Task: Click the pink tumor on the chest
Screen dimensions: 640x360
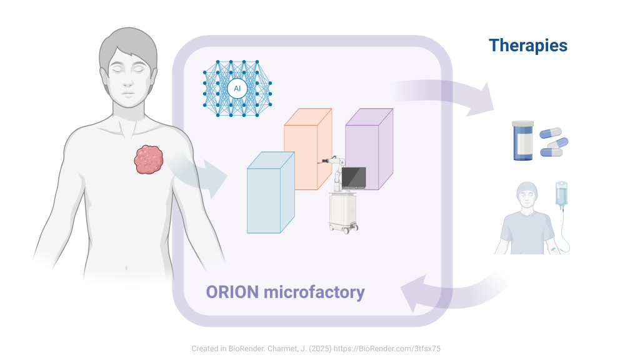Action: tap(149, 159)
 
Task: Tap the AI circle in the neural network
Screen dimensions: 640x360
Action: tap(237, 89)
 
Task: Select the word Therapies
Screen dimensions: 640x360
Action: tap(528, 46)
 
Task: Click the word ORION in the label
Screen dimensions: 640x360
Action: tap(232, 292)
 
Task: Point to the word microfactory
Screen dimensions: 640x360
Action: tap(314, 292)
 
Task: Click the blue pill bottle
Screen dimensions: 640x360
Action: tap(523, 141)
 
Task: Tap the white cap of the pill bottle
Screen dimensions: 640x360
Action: tap(523, 123)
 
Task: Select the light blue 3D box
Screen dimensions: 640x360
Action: tap(271, 192)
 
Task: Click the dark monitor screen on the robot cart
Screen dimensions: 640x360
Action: tap(354, 177)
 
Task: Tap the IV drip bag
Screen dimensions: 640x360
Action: tap(561, 194)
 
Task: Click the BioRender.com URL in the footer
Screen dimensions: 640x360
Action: tap(387, 349)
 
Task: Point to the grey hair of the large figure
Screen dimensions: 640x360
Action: tap(127, 44)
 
